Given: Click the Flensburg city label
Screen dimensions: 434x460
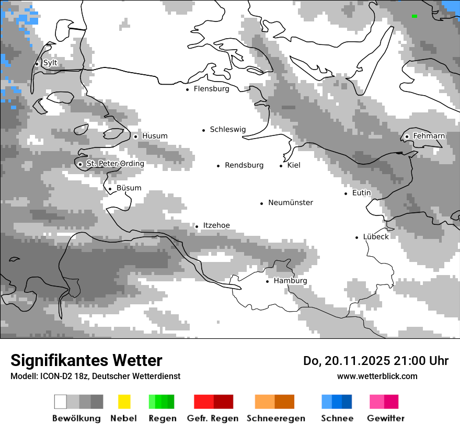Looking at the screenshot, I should coord(211,89).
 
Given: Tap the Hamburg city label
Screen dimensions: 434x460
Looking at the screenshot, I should coord(290,281).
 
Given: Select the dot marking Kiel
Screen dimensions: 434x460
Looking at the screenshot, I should coord(281,166).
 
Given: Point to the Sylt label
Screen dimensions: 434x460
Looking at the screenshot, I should coord(50,63).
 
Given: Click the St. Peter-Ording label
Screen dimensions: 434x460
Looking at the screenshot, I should coord(115,164).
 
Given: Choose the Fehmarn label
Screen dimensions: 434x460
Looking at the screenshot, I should coord(429,136).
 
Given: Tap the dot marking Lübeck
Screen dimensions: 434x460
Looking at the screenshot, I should coord(357,237).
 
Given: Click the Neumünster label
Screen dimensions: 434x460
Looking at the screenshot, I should coord(291,203).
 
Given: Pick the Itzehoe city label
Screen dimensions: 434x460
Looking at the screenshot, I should coord(216,226).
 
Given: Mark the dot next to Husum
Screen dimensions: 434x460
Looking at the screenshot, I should coord(135,136).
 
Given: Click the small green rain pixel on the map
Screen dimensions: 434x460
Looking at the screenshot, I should coord(414,16).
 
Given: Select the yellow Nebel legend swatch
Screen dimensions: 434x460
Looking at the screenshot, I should coord(124,402).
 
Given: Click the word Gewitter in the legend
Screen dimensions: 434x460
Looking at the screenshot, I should coord(385,418).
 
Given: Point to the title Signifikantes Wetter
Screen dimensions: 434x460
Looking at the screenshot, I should coord(86,361).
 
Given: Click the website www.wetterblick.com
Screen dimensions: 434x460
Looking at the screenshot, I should coord(377,376).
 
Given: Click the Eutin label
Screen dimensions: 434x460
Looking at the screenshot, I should coord(361,193).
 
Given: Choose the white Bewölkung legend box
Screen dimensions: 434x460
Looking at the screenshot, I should coord(61,402).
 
